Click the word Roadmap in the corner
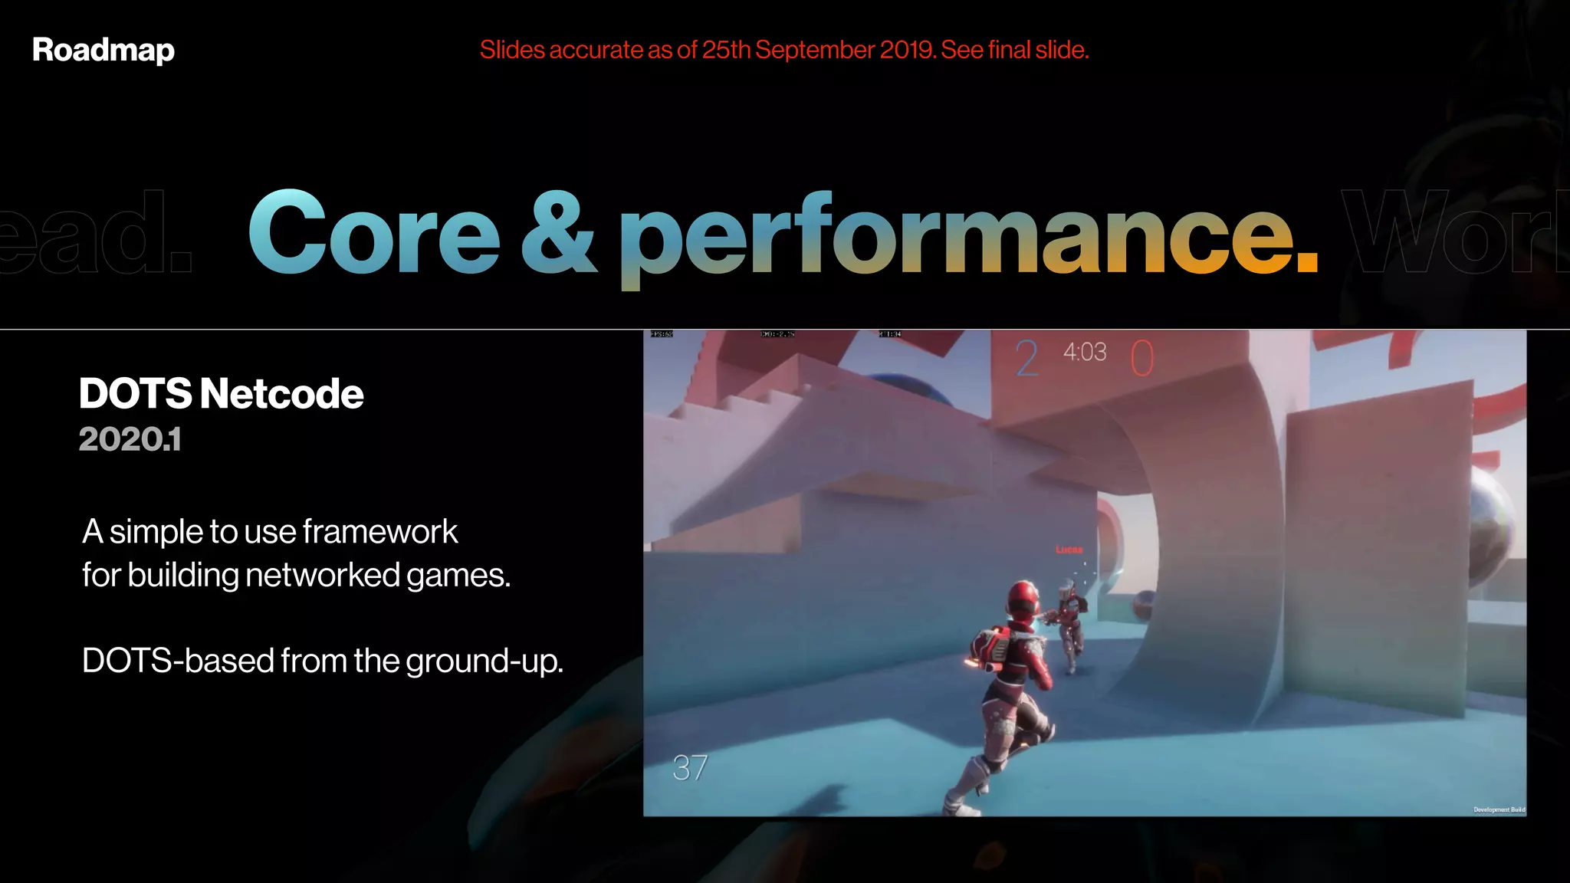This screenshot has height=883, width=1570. [103, 51]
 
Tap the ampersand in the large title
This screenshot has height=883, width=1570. [559, 232]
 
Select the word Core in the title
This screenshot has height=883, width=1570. [374, 232]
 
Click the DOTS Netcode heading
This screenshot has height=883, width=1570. [221, 394]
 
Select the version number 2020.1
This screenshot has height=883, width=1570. [130, 439]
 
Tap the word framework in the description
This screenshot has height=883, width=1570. [380, 531]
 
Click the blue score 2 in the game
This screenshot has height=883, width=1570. [1026, 358]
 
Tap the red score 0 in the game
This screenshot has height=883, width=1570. [1141, 358]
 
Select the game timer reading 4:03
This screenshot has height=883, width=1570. [1085, 352]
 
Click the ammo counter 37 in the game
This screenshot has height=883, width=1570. [690, 767]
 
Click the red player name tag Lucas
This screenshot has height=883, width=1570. [1069, 549]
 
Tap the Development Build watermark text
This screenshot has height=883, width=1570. [1499, 809]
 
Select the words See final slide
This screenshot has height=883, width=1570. [1014, 50]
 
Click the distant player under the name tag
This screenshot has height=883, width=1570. [1070, 625]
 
